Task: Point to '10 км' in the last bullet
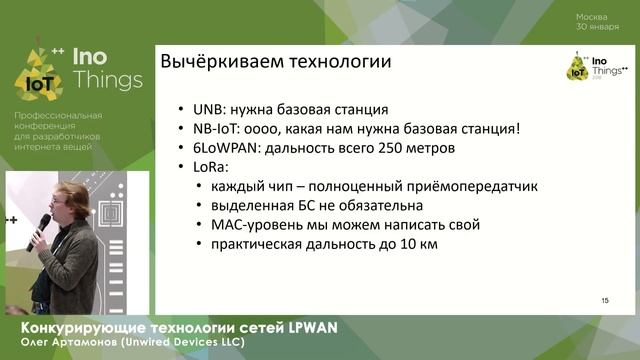pos(420,243)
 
